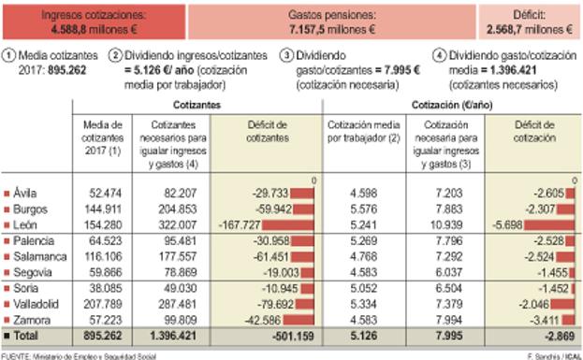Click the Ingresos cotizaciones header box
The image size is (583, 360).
click(x=94, y=22)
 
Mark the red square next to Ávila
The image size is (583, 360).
click(x=7, y=192)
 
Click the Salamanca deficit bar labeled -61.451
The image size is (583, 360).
click(x=281, y=255)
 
